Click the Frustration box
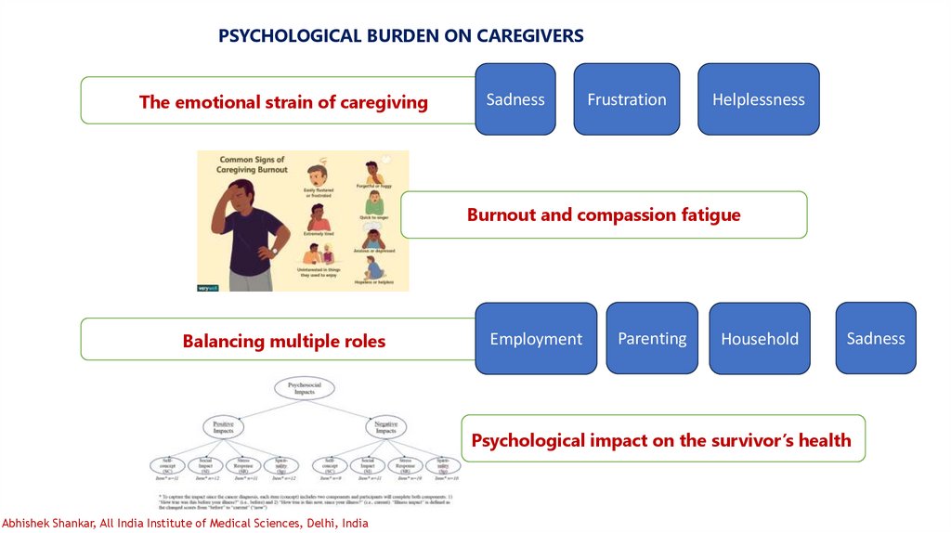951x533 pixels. pos(627,99)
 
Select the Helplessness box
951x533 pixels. pos(758,99)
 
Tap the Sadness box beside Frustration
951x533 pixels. pos(515,99)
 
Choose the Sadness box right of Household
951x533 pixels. pos(875,338)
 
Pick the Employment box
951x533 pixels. pos(536,339)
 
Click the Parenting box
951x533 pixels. pos(652,338)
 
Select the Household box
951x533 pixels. pos(759,339)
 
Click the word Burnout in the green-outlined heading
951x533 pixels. pos(501,215)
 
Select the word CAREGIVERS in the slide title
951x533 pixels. pos(530,36)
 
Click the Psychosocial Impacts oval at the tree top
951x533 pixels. pos(305,388)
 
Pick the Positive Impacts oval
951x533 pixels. pos(223,427)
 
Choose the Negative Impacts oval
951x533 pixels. pos(385,427)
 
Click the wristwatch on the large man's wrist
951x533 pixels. pos(274,250)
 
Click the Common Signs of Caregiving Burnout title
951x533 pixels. pos(253,164)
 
